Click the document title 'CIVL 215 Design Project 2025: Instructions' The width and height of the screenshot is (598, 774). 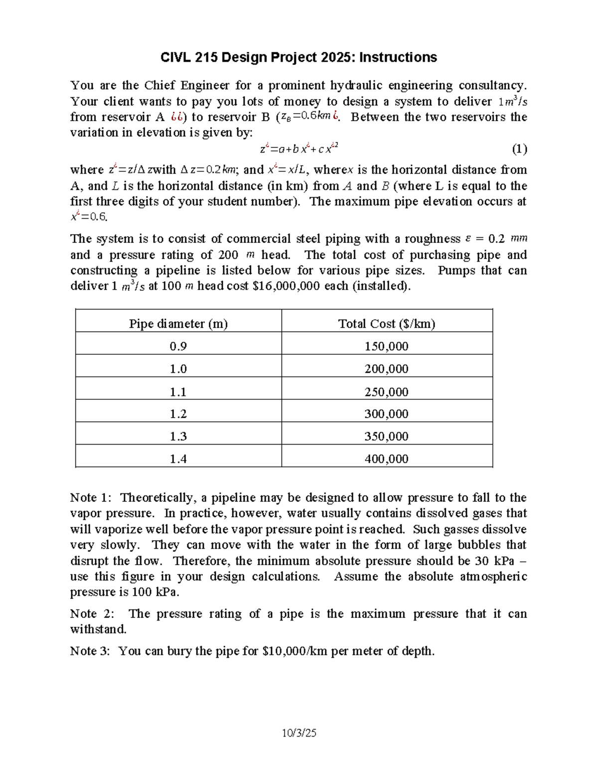299,57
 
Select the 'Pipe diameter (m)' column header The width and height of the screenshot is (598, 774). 178,323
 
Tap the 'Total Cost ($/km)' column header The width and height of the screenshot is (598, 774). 387,323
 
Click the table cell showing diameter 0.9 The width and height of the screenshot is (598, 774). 178,346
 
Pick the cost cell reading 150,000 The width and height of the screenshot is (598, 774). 387,346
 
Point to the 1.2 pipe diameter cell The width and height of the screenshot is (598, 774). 178,414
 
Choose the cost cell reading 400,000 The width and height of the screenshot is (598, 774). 387,459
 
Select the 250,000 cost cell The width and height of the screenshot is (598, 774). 387,392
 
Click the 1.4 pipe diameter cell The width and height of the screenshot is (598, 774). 178,459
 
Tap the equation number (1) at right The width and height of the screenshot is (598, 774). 519,149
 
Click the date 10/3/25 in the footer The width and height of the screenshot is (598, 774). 299,733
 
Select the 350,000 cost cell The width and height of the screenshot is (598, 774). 387,436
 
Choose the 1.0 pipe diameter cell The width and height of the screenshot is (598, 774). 178,369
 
